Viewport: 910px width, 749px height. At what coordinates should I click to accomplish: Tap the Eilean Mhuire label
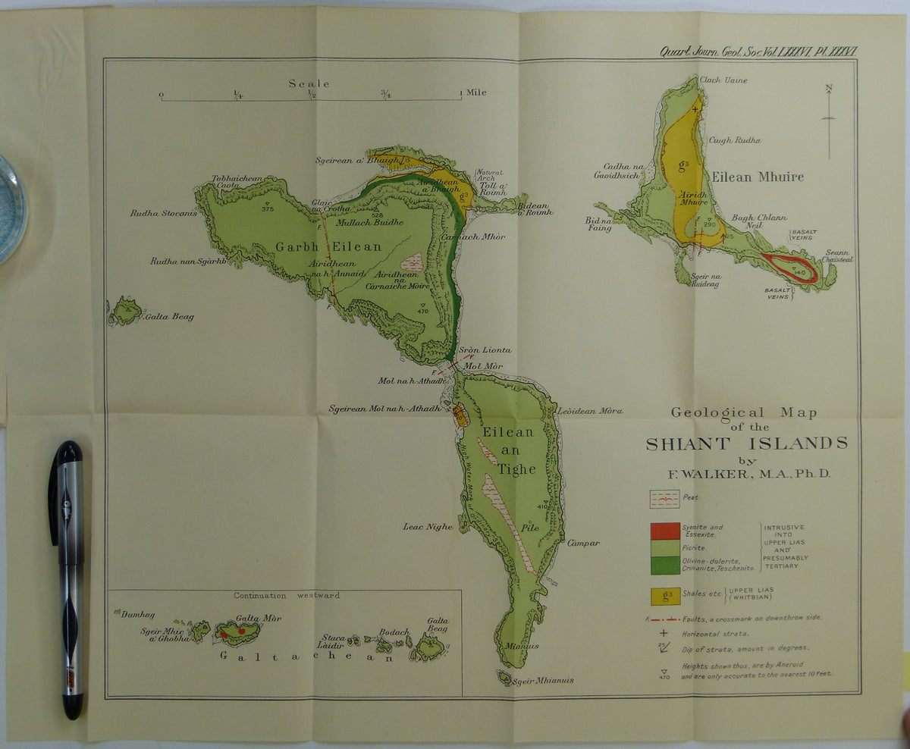[757, 177]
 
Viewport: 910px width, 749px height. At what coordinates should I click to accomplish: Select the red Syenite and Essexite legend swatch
[664, 531]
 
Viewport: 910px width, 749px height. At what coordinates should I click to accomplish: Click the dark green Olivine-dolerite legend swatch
[664, 565]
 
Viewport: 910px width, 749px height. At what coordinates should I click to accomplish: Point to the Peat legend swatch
[664, 498]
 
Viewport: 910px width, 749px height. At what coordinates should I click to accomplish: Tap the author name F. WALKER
[748, 474]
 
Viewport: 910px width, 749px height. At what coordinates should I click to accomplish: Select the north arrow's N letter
[829, 89]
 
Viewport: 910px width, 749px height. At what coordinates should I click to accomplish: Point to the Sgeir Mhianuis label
[544, 680]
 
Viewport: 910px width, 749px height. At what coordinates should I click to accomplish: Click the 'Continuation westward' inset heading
[287, 595]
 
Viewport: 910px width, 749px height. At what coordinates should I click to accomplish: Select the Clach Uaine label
[723, 80]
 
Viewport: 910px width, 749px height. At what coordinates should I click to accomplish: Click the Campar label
[583, 543]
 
